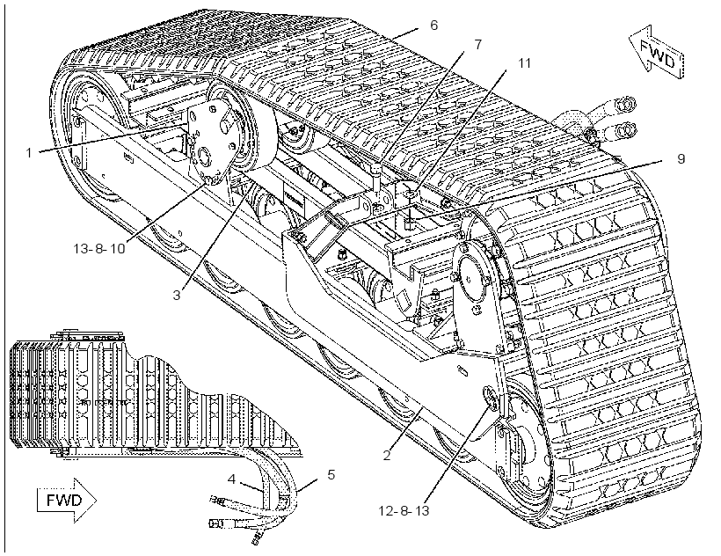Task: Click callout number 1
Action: pyautogui.click(x=29, y=152)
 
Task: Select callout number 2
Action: pyautogui.click(x=387, y=456)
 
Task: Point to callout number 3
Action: pyautogui.click(x=177, y=295)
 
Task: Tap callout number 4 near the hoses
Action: pyautogui.click(x=231, y=479)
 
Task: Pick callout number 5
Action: pyautogui.click(x=331, y=474)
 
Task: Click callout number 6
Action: pyautogui.click(x=434, y=25)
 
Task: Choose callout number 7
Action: pyautogui.click(x=477, y=44)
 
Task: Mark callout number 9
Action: pyautogui.click(x=681, y=158)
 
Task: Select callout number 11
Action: pyautogui.click(x=525, y=62)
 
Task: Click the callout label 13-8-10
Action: pyautogui.click(x=99, y=248)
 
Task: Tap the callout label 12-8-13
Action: pyautogui.click(x=404, y=510)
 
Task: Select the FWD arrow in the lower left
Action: pyautogui.click(x=66, y=501)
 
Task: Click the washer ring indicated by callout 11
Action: pyautogui.click(x=411, y=194)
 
